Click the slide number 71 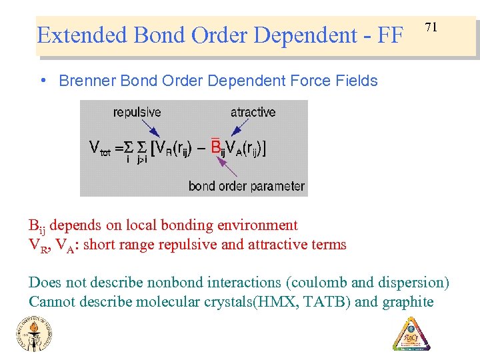[x=431, y=27]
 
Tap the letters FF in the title [x=390, y=35]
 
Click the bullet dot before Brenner [x=43, y=81]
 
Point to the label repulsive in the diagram [x=137, y=112]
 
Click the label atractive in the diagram [x=253, y=112]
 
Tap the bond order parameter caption [x=246, y=186]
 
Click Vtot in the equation [x=101, y=148]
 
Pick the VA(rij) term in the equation [x=243, y=147]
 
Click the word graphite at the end [x=407, y=302]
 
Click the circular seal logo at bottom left [x=33, y=333]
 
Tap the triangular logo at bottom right [x=411, y=333]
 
